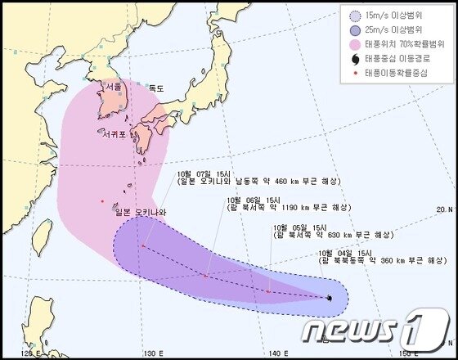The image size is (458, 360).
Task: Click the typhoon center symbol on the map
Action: pyautogui.click(x=329, y=299)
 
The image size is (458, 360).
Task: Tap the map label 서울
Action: pyautogui.click(x=113, y=86)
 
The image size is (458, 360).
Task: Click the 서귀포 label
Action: pyautogui.click(x=115, y=133)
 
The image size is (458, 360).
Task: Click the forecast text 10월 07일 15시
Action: pyautogui.click(x=201, y=174)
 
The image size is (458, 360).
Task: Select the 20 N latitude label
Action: pyautogui.click(x=444, y=209)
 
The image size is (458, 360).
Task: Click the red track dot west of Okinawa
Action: pyautogui.click(x=101, y=201)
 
